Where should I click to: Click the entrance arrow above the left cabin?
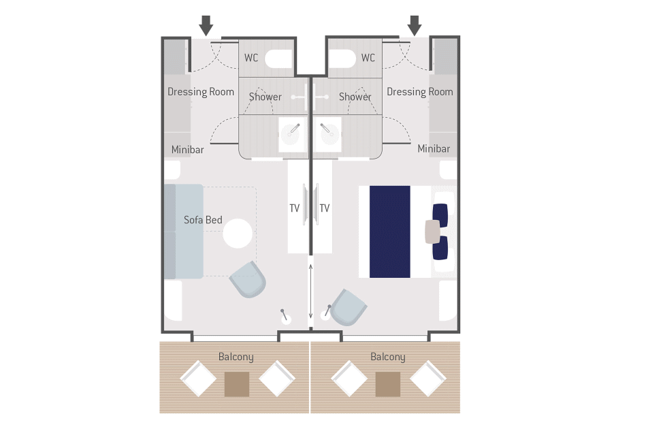(x=206, y=26)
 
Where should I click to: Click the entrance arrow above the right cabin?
(x=415, y=26)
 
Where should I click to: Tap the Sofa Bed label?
(x=203, y=220)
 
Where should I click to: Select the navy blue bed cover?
(x=390, y=232)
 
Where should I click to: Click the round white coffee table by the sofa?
(x=238, y=234)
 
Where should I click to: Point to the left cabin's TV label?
(x=295, y=208)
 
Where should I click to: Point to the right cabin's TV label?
(x=325, y=208)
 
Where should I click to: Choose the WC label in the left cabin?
(x=251, y=58)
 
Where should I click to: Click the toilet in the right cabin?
(x=342, y=59)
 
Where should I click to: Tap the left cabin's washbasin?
(x=293, y=134)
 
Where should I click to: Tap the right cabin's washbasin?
(x=329, y=134)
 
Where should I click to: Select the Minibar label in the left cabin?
(x=187, y=150)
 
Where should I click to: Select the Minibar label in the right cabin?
(x=434, y=148)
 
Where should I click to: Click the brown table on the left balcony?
(x=237, y=384)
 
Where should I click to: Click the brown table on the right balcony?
(x=388, y=384)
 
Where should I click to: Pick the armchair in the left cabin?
(x=248, y=279)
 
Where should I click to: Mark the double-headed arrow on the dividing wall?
(x=310, y=291)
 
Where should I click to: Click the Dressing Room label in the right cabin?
(x=420, y=92)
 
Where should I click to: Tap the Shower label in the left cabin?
(x=265, y=97)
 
